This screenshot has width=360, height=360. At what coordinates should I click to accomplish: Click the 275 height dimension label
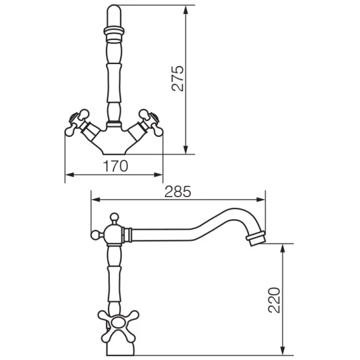pyautogui.click(x=178, y=79)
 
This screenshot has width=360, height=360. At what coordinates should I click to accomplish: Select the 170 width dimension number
pyautogui.click(x=115, y=166)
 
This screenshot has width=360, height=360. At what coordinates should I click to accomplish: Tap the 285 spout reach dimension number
pyautogui.click(x=177, y=191)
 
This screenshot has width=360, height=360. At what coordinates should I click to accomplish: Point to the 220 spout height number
pyautogui.click(x=274, y=300)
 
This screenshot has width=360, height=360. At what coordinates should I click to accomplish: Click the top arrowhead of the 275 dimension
pyautogui.click(x=186, y=10)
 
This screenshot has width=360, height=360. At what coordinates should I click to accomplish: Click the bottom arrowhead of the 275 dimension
pyautogui.click(x=186, y=149)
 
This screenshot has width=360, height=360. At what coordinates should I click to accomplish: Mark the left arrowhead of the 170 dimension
pyautogui.click(x=70, y=175)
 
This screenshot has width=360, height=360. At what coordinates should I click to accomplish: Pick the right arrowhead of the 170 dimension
pyautogui.click(x=158, y=175)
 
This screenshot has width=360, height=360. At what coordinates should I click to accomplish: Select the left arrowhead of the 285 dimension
pyautogui.click(x=96, y=200)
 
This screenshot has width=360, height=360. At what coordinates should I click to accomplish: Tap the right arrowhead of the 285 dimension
pyautogui.click(x=260, y=200)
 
